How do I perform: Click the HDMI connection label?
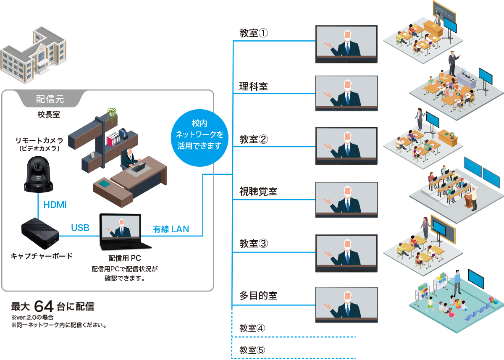(x=55, y=205)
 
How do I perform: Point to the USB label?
(x=80, y=228)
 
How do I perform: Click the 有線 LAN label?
(x=171, y=229)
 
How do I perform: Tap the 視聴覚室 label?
(x=258, y=192)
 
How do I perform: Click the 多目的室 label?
(x=258, y=295)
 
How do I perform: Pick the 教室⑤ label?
(x=252, y=350)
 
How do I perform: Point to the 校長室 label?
(x=48, y=114)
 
